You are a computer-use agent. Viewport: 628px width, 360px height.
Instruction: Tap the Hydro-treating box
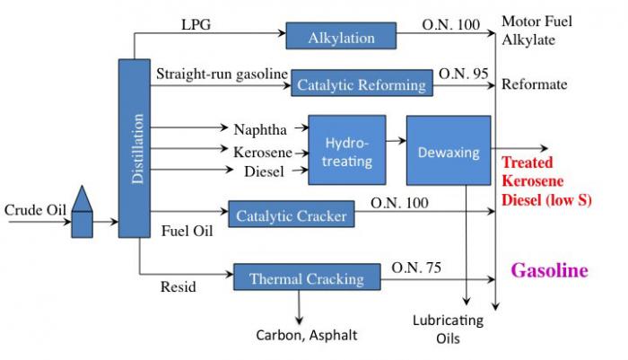(x=346, y=150)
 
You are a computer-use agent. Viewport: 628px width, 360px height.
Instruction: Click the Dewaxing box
(x=448, y=151)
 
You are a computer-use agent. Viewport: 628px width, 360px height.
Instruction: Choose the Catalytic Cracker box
(x=292, y=215)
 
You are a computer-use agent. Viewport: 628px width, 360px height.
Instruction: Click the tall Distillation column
(x=134, y=148)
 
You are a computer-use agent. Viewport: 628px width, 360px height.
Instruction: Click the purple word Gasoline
(x=549, y=270)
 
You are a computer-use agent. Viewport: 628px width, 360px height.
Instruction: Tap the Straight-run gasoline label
(x=221, y=72)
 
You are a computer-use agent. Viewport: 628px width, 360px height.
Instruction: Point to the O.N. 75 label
(x=416, y=266)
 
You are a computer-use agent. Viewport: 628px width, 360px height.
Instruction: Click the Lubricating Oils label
(x=448, y=329)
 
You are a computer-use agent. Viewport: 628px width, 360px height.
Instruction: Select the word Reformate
(x=534, y=83)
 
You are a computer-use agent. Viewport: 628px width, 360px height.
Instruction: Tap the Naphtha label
(x=261, y=128)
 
